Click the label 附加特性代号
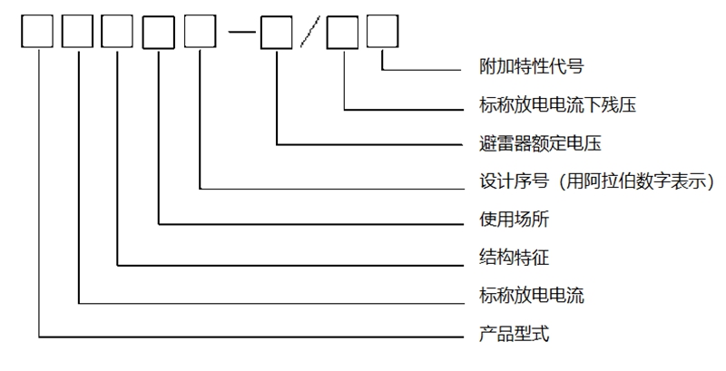(x=529, y=67)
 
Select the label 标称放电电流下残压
(x=556, y=105)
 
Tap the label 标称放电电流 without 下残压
(x=530, y=296)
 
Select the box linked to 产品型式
(x=39, y=34)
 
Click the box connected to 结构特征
(x=119, y=34)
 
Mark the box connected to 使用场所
(x=159, y=34)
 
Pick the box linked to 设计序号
(x=200, y=34)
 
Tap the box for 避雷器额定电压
(x=276, y=34)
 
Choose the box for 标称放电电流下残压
(x=344, y=34)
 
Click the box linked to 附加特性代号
(x=383, y=34)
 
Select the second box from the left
(x=79, y=34)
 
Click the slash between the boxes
(x=309, y=34)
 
